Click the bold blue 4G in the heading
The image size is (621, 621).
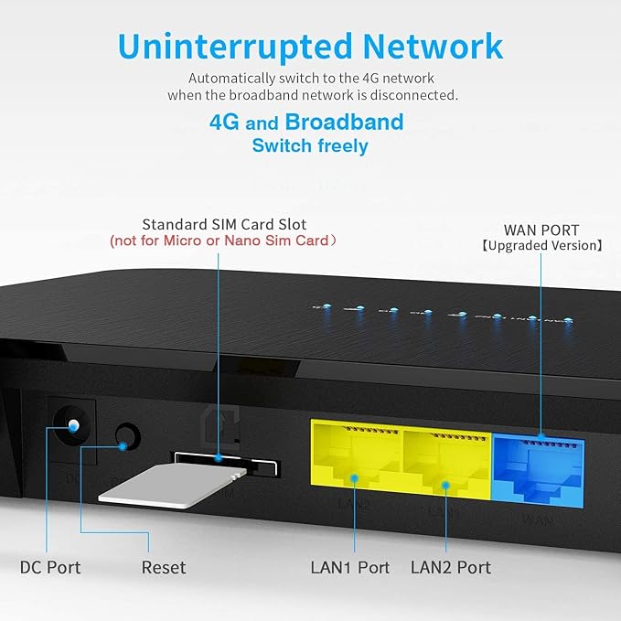(x=224, y=123)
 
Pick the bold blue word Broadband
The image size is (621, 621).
(x=344, y=123)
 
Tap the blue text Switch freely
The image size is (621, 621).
(x=310, y=146)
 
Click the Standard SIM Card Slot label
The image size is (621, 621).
(x=224, y=224)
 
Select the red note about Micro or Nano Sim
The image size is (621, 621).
(x=224, y=241)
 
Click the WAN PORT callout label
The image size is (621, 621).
(x=541, y=229)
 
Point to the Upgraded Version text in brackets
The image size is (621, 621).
(x=541, y=245)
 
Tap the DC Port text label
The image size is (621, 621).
(x=50, y=567)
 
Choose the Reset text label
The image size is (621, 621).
(x=164, y=567)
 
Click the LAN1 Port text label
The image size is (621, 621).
(x=349, y=567)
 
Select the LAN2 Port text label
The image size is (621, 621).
(x=450, y=567)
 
